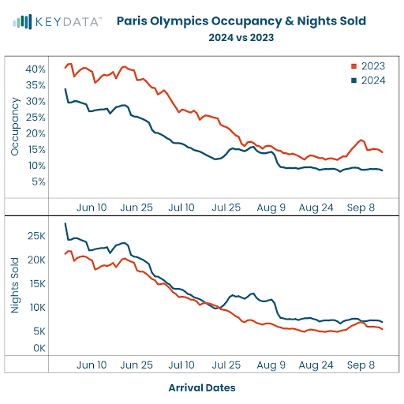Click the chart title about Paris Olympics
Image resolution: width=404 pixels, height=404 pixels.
pos(241,21)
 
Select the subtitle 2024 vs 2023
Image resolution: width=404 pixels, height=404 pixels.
pos(241,37)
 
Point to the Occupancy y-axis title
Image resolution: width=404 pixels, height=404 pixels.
pos(15,126)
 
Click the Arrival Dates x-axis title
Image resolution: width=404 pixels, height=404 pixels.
pos(202,387)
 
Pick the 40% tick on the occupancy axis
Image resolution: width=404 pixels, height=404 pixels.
pos(36,69)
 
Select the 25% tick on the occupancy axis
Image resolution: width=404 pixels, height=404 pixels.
pos(36,118)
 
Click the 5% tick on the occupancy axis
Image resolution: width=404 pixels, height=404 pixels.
pos(38,182)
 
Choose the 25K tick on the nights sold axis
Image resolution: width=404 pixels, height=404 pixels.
pos(36,236)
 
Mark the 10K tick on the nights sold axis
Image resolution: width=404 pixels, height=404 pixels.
pos(36,307)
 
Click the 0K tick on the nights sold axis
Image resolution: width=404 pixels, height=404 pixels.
pos(39,348)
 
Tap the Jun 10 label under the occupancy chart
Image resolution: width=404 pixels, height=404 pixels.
pos(92,208)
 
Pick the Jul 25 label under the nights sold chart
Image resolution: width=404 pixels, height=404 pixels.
pos(227,365)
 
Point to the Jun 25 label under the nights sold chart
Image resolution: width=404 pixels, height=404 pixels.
pos(137,365)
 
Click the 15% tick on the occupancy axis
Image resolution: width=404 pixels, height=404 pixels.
pos(36,150)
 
